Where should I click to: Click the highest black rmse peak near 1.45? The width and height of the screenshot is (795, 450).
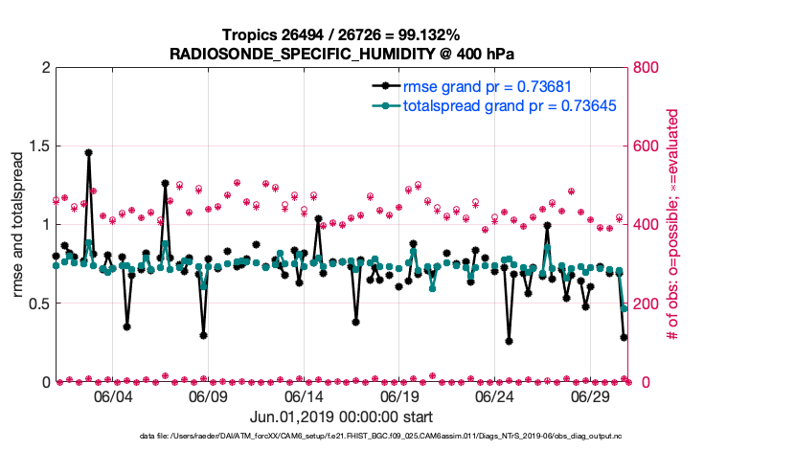[88, 152]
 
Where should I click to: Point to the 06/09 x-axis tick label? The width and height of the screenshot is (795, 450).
[208, 395]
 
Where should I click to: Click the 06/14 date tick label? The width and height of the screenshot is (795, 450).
[304, 395]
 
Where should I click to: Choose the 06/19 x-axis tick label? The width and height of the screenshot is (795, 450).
[399, 395]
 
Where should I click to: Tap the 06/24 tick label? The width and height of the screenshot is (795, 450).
[494, 395]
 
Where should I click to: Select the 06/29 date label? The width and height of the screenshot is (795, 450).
[590, 395]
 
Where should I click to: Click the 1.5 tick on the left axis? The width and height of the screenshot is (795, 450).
[37, 146]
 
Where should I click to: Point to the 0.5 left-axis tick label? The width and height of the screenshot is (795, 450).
[37, 304]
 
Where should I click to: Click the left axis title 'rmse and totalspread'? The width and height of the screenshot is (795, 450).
[18, 225]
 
